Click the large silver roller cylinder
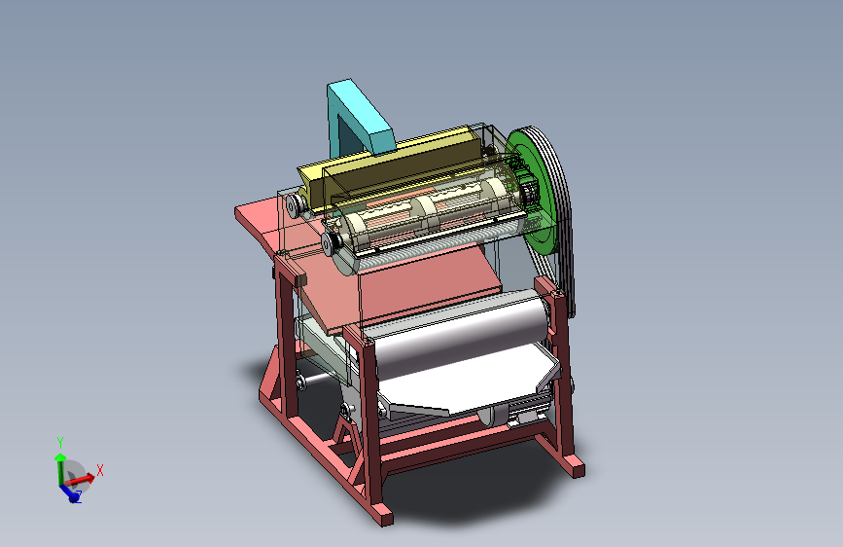(460, 334)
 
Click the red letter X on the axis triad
(99, 470)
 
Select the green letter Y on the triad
(60, 443)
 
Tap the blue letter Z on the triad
(79, 496)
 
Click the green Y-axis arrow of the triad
(60, 469)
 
